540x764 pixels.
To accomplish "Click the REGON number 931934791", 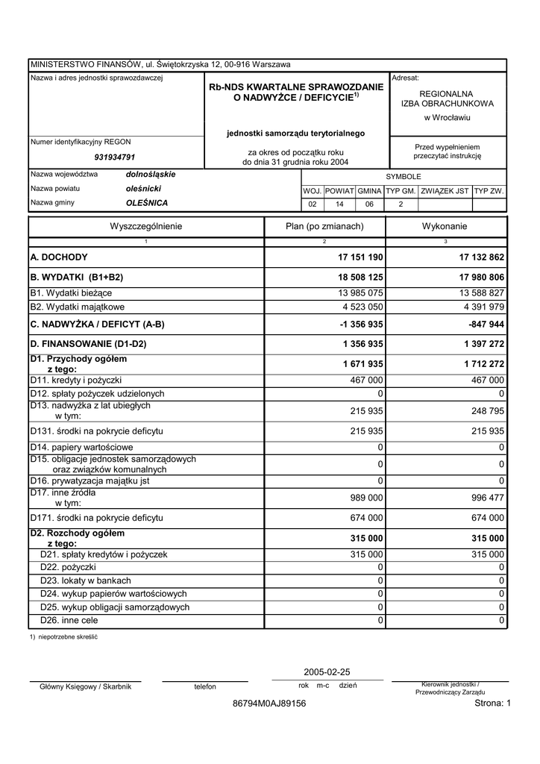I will pyautogui.click(x=115, y=157).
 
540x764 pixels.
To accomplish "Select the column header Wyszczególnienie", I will pyautogui.click(x=146, y=226).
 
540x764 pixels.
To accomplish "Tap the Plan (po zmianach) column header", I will pyautogui.click(x=324, y=226).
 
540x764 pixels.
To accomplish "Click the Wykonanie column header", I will pyautogui.click(x=445, y=226).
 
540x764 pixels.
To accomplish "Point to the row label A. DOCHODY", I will pyautogui.click(x=59, y=257).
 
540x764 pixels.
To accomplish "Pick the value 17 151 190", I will pyautogui.click(x=360, y=257).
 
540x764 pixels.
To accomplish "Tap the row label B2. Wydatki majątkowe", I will pyautogui.click(x=78, y=307).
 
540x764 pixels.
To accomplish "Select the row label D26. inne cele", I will pyautogui.click(x=69, y=620).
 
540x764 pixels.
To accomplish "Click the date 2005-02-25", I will pyautogui.click(x=327, y=671).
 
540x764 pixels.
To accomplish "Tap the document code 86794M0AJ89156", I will pyautogui.click(x=269, y=704).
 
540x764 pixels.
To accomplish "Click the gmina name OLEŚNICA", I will pyautogui.click(x=147, y=203).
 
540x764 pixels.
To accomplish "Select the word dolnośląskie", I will pyautogui.click(x=151, y=175).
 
